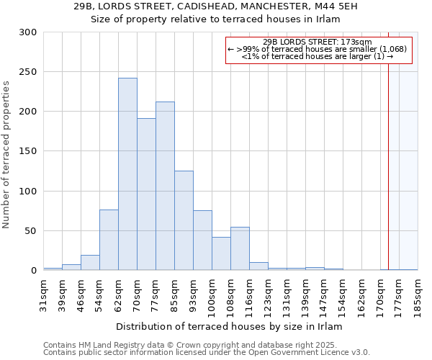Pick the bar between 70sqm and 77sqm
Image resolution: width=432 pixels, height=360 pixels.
click(146, 194)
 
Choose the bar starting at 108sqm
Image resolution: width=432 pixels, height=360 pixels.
click(240, 248)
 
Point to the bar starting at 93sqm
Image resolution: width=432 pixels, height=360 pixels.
click(202, 240)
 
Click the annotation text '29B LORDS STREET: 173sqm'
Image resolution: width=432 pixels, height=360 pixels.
click(318, 42)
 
